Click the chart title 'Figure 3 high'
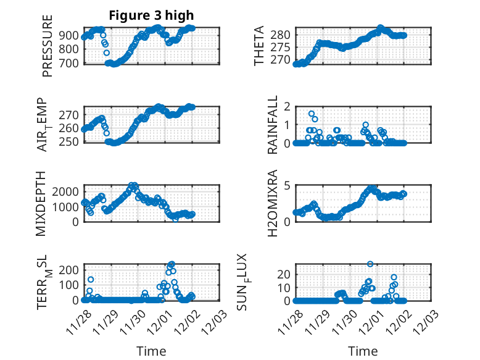tap(151, 15)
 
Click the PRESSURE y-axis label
tap(48, 46)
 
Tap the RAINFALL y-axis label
tap(273, 125)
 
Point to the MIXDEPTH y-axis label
tap(41, 204)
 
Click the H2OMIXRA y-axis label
tap(273, 204)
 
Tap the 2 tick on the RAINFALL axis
tap(286, 106)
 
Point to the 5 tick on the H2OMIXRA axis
tap(286, 185)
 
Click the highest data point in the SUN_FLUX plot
tap(370, 264)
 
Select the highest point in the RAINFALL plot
tap(312, 114)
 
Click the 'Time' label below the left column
tap(151, 351)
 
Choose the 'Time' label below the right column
tap(363, 351)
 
